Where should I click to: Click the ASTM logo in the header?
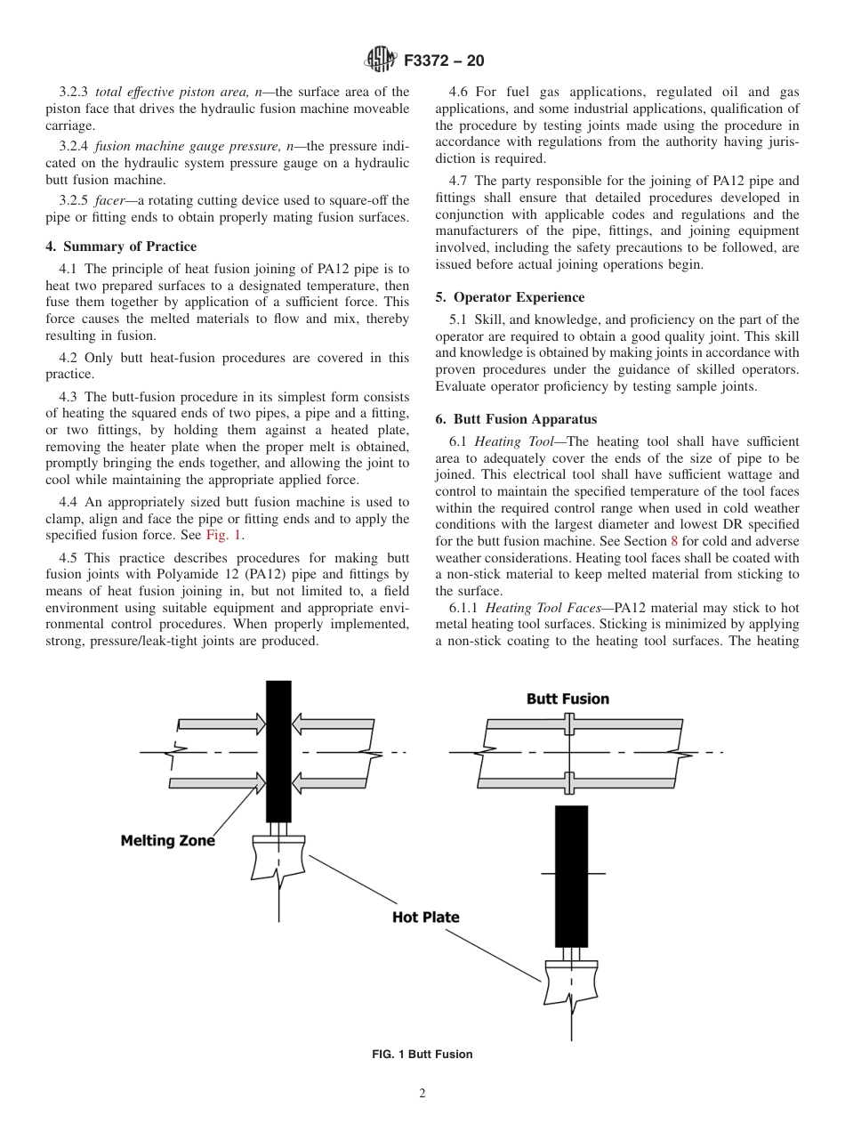coord(382,61)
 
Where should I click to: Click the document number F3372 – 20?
coord(444,61)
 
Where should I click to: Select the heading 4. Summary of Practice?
coord(121,247)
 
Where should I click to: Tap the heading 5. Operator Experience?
coord(510,297)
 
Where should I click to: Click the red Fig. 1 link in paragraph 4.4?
coord(224,535)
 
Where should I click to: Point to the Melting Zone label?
coord(167,840)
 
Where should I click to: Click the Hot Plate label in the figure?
coord(426,917)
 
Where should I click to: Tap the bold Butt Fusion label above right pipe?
coord(567,699)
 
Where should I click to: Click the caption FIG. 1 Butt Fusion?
coord(422,1055)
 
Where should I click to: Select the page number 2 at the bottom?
coord(422,1094)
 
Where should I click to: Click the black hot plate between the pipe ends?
coord(278,752)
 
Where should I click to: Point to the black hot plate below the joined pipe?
coord(571,877)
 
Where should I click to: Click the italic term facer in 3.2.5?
coord(110,199)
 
